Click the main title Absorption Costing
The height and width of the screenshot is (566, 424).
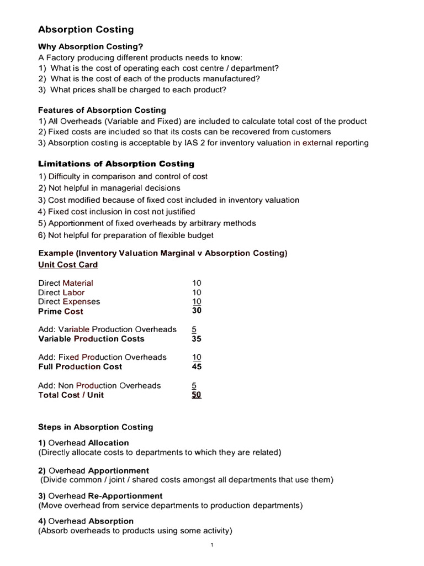(86, 29)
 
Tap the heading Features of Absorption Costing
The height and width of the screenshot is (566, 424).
(102, 110)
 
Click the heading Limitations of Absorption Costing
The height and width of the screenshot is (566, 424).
(116, 164)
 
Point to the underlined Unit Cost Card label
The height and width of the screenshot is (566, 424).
(68, 265)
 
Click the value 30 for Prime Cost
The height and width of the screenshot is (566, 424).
(197, 311)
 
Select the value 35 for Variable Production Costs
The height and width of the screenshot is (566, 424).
(197, 339)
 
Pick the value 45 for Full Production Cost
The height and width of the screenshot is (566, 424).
(197, 366)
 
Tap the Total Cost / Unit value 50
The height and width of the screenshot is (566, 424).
(197, 395)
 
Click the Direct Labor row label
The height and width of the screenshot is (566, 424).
(61, 292)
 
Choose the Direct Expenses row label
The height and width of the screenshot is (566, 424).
(69, 302)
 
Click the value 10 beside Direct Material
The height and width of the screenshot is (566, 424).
(197, 283)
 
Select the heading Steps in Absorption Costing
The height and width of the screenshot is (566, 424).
(96, 427)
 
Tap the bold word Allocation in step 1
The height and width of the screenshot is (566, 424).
(108, 443)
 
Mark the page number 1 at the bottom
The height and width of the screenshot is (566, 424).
(212, 545)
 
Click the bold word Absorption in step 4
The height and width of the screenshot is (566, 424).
(111, 521)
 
